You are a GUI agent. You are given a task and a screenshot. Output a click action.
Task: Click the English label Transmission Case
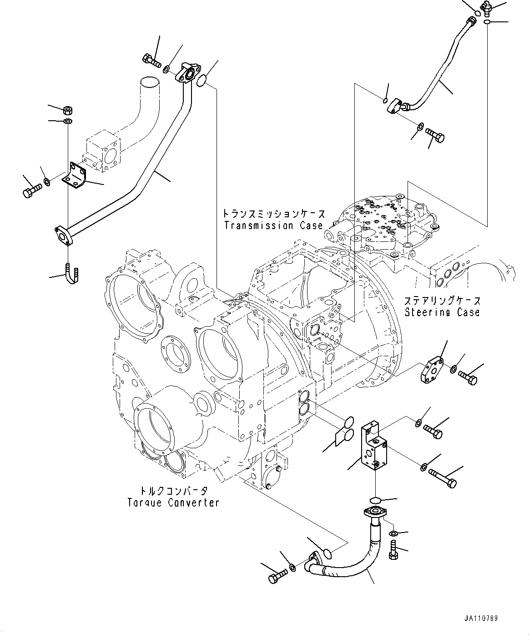(273, 225)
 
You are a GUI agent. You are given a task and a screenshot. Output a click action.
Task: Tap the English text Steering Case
(442, 312)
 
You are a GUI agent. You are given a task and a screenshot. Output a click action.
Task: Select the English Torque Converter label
(173, 502)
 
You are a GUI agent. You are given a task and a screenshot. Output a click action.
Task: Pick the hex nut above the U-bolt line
(67, 110)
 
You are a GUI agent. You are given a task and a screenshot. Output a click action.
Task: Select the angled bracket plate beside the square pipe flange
(75, 176)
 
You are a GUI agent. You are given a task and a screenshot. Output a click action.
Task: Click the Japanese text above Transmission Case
(273, 213)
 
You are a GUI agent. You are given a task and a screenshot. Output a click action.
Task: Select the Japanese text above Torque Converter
(174, 491)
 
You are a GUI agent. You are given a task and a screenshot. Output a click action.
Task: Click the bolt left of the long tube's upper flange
(152, 60)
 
